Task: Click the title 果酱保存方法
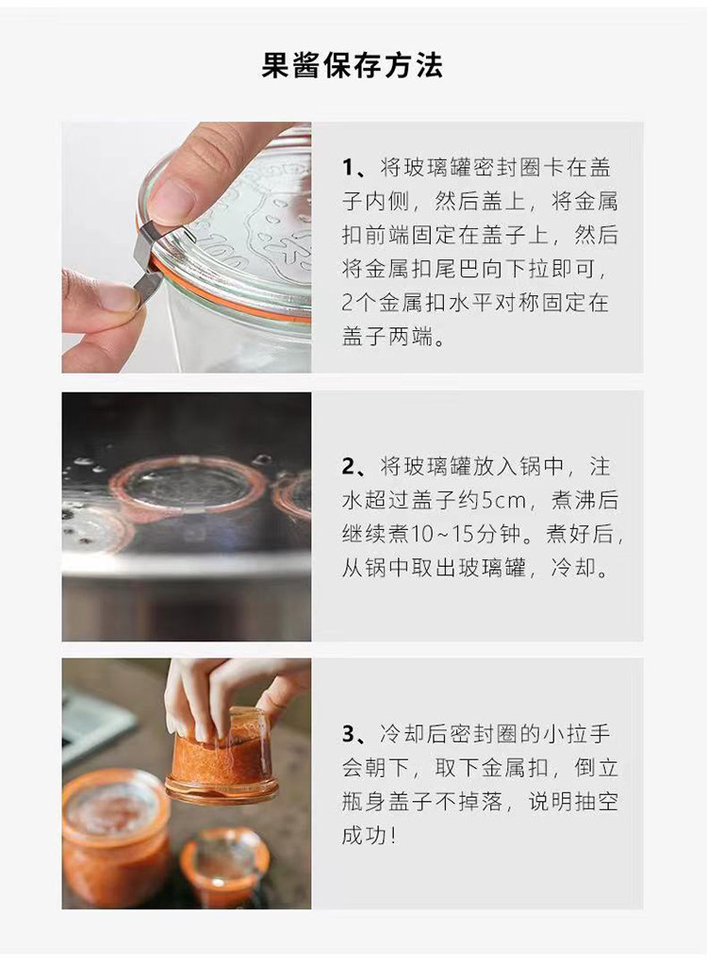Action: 353,65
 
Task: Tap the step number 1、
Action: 356,167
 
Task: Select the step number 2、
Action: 356,467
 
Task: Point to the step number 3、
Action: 356,734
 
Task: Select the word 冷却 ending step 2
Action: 573,568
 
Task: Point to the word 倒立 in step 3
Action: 597,768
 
